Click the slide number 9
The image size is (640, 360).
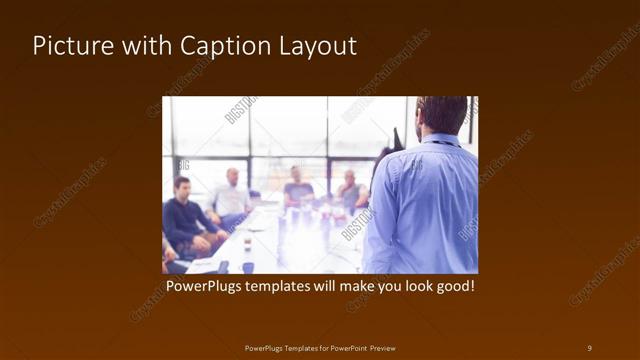coord(589,347)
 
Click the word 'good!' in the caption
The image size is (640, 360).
coord(452,287)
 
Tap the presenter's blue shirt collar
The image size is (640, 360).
coord(440,140)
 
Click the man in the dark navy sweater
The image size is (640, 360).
coord(185,215)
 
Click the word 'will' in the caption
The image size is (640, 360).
coord(341,287)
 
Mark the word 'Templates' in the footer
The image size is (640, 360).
coord(298,347)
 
